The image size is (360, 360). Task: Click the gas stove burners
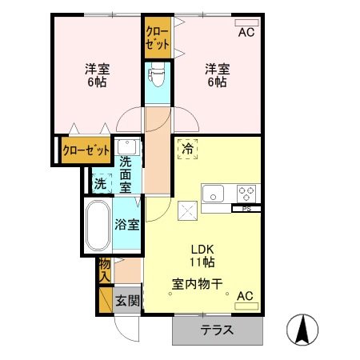(247, 193)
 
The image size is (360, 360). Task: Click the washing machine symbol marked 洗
(101, 182)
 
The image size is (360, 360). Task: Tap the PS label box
(246, 208)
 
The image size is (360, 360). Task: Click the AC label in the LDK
(245, 297)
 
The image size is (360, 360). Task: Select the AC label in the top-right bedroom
(246, 32)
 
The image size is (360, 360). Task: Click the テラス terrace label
(217, 330)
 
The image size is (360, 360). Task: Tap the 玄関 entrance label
(126, 301)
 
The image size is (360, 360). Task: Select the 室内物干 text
(197, 282)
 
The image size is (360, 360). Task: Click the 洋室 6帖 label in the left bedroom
(98, 75)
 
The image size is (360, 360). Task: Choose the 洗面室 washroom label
(126, 174)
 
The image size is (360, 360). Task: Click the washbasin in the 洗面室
(126, 148)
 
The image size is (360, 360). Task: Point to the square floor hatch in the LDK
(190, 211)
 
